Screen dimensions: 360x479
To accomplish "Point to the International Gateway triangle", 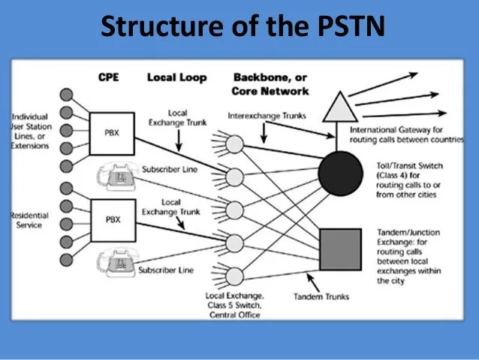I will pyautogui.click(x=336, y=105).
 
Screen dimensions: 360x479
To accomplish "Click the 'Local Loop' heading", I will pyautogui.click(x=176, y=77).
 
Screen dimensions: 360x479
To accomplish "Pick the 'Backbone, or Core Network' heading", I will pyautogui.click(x=270, y=84).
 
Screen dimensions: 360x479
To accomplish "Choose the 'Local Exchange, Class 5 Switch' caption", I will pyautogui.click(x=233, y=304).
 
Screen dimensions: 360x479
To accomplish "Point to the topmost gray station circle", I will pyautogui.click(x=68, y=95).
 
